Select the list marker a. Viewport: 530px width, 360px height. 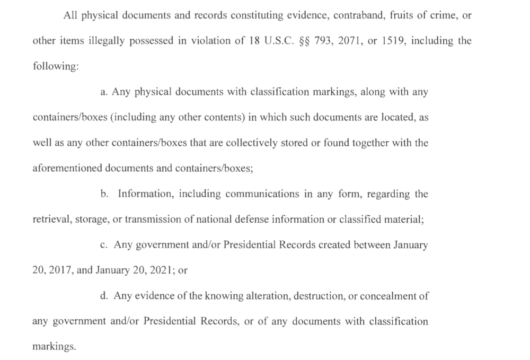pyautogui.click(x=104, y=92)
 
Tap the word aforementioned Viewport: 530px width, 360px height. pyautogui.click(x=67, y=169)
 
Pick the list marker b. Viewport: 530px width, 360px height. pyautogui.click(x=104, y=194)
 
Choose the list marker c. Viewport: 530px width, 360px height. pyautogui.click(x=104, y=245)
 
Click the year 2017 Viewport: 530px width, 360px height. pyautogui.click(x=60, y=270)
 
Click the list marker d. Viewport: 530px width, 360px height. pyautogui.click(x=104, y=296)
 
